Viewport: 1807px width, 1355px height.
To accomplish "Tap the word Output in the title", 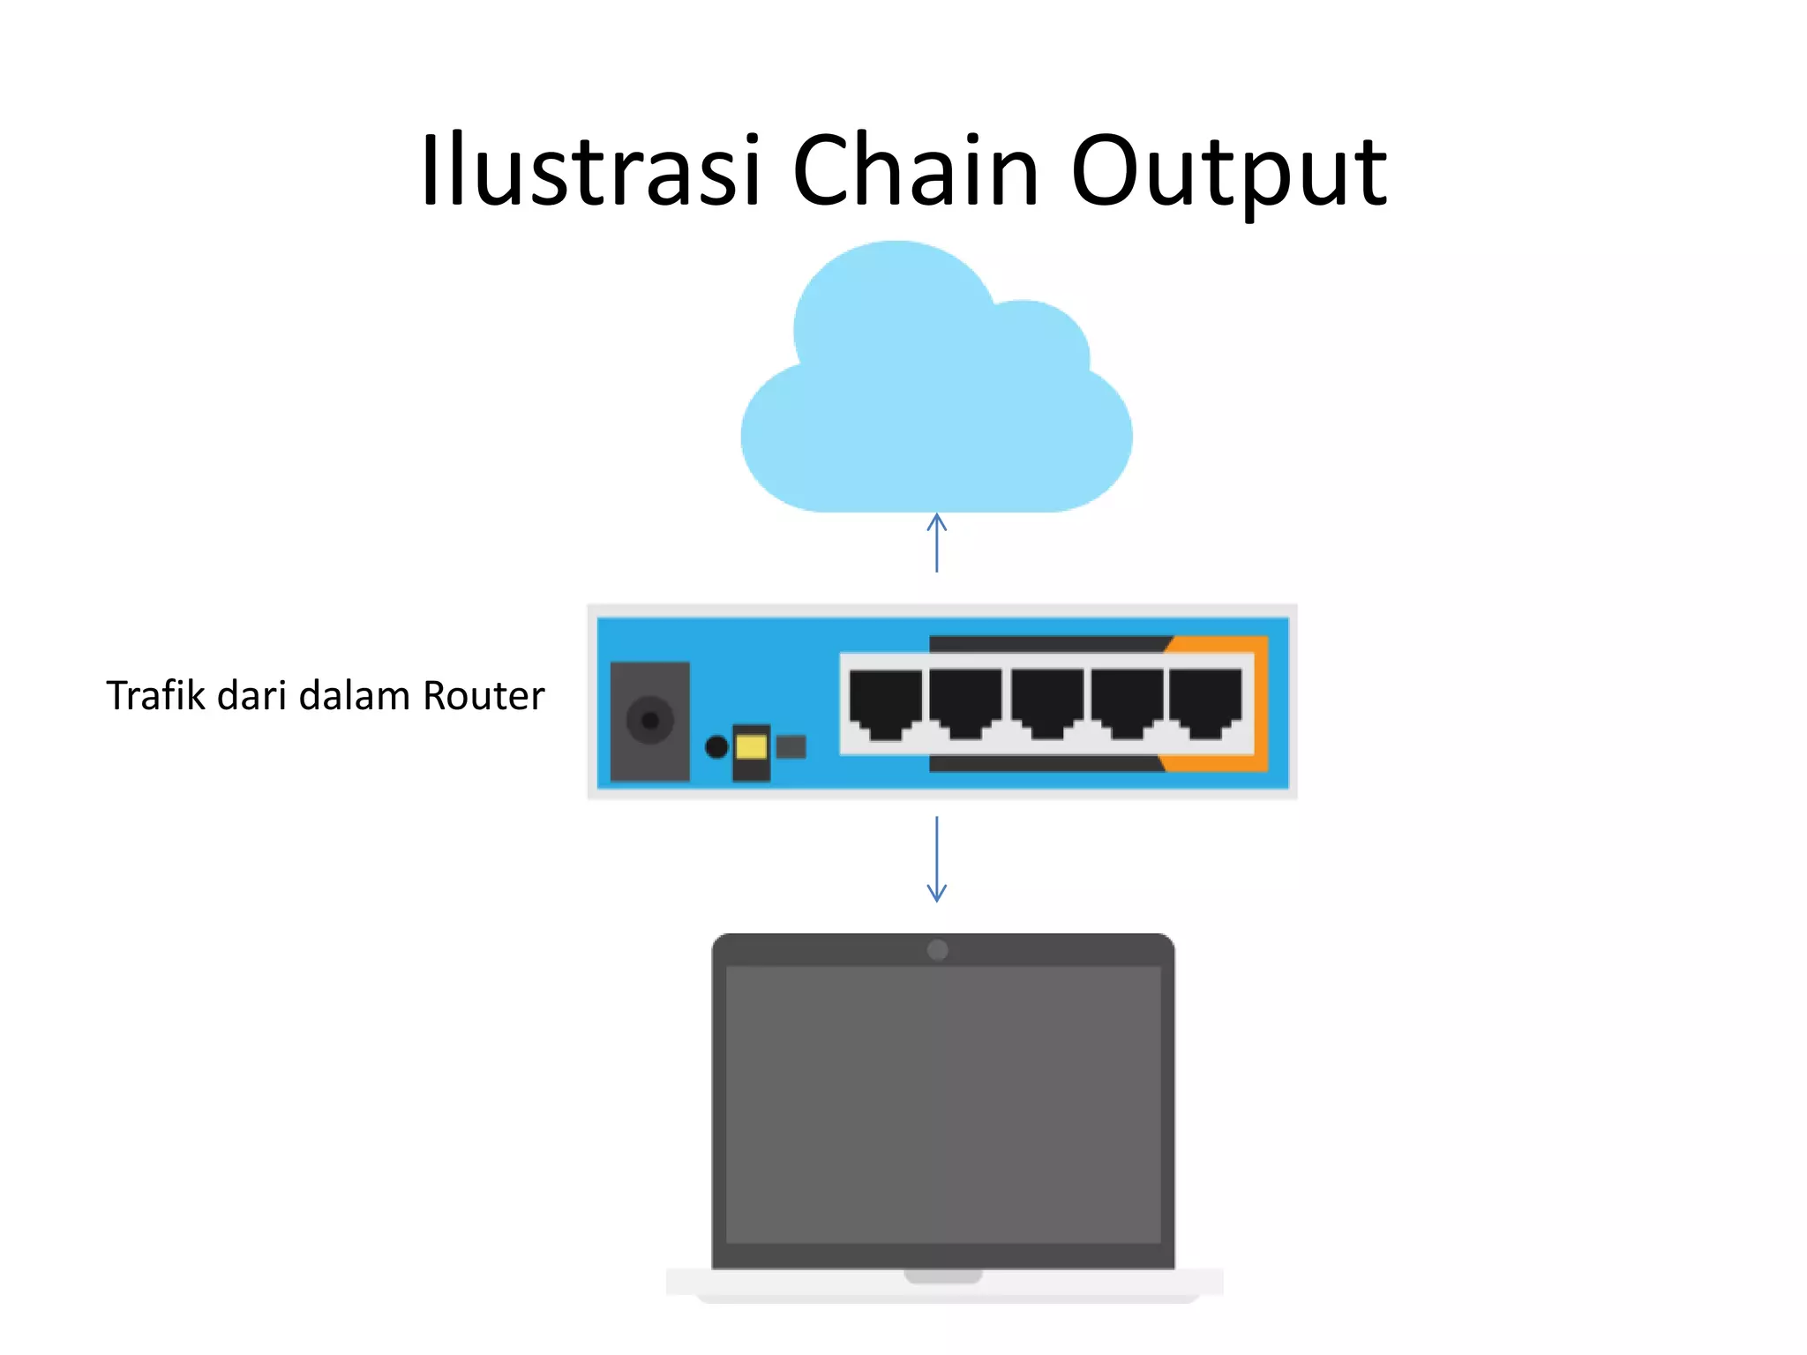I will click(1228, 172).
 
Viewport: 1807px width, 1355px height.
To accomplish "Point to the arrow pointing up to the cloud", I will click(937, 542).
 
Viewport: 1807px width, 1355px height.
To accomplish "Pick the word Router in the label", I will click(484, 695).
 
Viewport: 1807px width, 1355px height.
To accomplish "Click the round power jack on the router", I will click(650, 721).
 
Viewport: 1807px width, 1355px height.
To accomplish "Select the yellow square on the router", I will click(751, 747).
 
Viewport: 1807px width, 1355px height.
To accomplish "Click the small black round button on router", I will click(716, 747).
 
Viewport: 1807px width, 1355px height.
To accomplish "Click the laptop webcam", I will click(937, 950).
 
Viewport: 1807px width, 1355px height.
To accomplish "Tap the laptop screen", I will click(942, 1103).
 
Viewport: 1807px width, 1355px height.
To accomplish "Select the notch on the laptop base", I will click(942, 1276).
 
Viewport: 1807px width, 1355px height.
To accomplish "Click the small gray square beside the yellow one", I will click(791, 747).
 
